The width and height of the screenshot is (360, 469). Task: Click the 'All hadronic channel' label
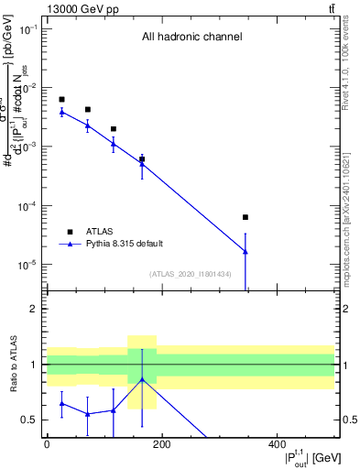point(191,38)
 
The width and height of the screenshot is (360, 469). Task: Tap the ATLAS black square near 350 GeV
point(245,217)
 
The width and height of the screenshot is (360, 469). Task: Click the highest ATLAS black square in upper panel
point(61,99)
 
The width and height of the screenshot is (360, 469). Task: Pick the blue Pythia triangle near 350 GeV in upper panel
point(245,251)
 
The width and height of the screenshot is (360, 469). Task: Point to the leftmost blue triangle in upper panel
point(61,112)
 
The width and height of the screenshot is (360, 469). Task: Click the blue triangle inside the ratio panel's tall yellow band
point(142,379)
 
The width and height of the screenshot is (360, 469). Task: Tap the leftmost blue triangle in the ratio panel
point(61,403)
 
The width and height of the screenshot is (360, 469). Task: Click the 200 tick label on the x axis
point(161,444)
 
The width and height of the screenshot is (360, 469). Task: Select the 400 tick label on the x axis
point(276,444)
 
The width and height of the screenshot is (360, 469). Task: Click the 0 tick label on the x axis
point(47,444)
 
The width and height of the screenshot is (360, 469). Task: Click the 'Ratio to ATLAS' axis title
point(12,365)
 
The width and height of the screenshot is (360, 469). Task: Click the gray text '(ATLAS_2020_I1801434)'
point(191,274)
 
